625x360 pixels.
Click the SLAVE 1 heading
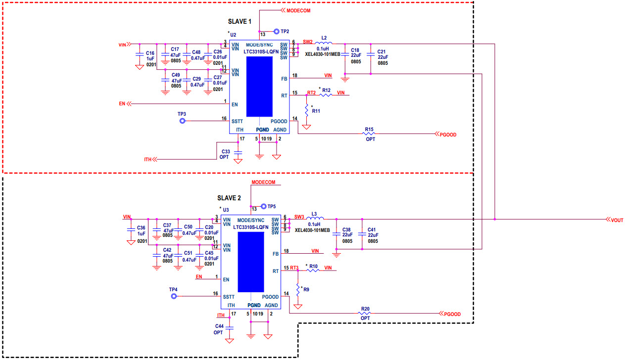(240, 22)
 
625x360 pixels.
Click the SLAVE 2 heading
(229, 198)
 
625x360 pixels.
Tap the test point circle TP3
(182, 120)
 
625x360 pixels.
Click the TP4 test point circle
(174, 296)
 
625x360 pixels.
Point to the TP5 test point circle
(263, 206)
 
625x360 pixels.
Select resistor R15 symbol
(369, 134)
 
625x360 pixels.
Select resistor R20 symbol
(365, 314)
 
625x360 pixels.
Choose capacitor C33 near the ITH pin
(238, 153)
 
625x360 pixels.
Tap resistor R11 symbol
(306, 110)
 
